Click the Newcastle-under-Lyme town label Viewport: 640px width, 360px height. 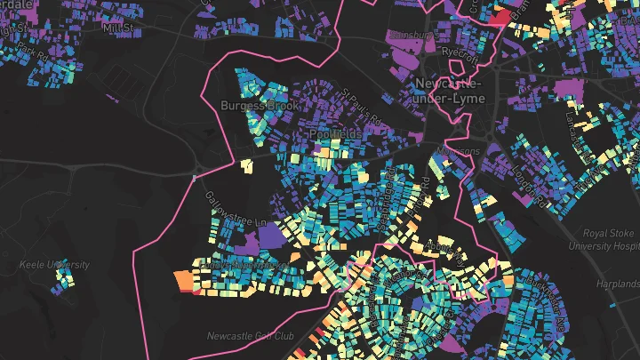coord(450,91)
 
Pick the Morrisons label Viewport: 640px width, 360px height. coord(461,151)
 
